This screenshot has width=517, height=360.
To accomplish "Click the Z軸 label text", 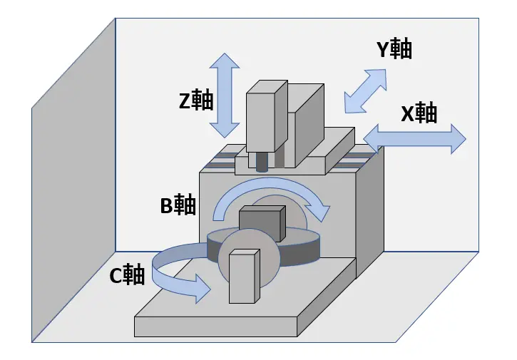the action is (x=196, y=100).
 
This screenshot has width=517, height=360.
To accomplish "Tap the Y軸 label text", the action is (x=394, y=48).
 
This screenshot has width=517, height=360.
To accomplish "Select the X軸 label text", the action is (x=419, y=113).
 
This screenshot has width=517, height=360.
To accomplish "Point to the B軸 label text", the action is (x=178, y=205).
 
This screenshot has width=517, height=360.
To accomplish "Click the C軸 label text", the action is (x=127, y=274).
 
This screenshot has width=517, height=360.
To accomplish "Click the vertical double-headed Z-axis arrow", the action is (x=225, y=96).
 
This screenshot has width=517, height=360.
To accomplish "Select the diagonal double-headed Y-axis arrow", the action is (x=365, y=91).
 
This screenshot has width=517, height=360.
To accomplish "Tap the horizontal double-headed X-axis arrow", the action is (x=414, y=139).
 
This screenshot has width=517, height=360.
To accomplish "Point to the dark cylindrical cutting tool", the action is (x=262, y=163).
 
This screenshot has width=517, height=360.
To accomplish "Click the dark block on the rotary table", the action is (x=262, y=223).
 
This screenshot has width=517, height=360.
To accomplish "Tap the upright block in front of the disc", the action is (x=244, y=277).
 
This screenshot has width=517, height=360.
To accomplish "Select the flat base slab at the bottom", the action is (x=231, y=313).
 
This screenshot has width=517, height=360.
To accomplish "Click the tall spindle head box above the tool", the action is (x=267, y=116).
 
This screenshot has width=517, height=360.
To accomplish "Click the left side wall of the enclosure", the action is (x=73, y=180).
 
